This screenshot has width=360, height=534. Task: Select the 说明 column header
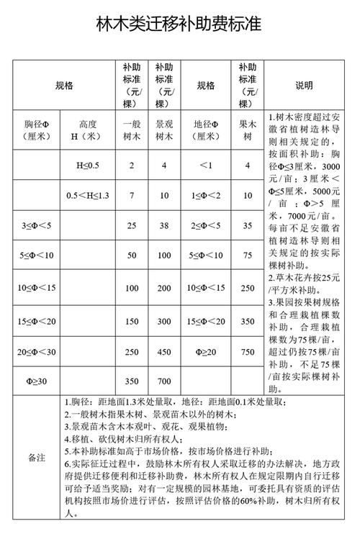coord(313,85)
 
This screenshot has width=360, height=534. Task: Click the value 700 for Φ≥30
coord(164,380)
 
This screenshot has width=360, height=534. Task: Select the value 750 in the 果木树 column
coord(248,351)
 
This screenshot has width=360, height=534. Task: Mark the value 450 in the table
coord(164,351)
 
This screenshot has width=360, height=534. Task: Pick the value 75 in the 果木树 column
coord(248,255)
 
